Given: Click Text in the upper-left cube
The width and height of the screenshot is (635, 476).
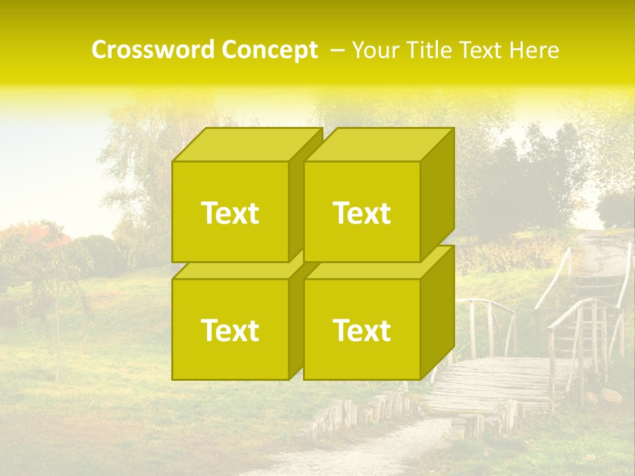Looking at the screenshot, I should coord(230,213).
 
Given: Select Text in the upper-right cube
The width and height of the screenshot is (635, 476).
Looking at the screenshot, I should coord(362,213).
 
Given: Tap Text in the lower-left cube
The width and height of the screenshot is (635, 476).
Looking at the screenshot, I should coord(230,330).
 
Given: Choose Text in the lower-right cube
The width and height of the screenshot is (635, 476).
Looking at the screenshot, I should coord(362,330).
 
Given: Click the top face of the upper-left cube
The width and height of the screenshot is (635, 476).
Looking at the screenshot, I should coord(245,145).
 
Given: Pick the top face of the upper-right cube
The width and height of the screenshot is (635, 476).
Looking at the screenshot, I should coord(377,145).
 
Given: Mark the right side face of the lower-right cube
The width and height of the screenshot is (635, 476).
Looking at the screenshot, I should coord(437,314).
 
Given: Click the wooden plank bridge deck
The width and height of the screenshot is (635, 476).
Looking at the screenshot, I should coord(489,383).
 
